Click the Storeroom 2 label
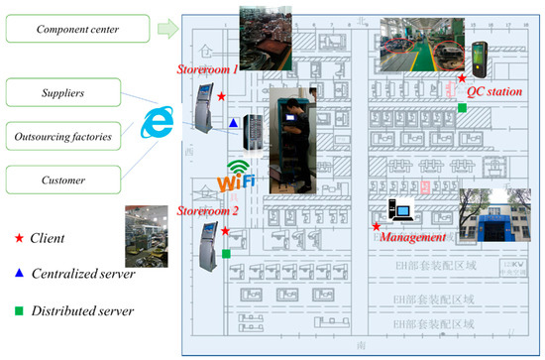click(207, 210)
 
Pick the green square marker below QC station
click(462, 107)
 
